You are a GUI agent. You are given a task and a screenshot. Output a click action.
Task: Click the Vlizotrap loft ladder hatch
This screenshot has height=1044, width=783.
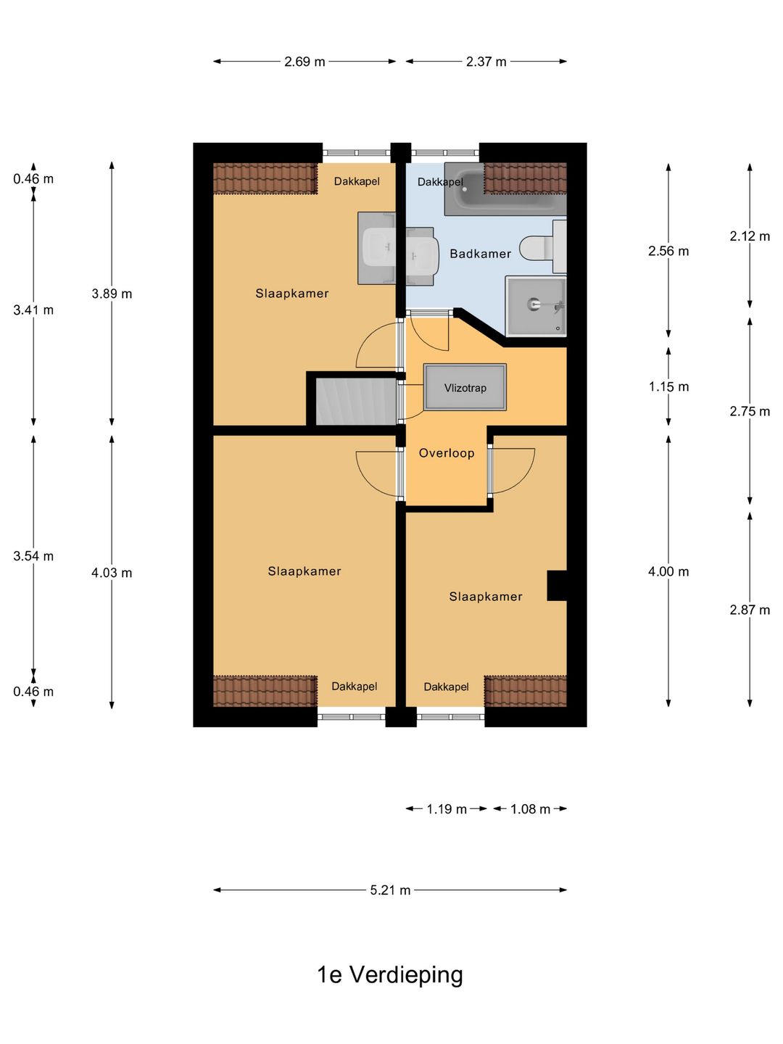click(x=465, y=387)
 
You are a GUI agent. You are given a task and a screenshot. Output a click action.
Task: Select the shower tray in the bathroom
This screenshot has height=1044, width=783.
click(x=536, y=306)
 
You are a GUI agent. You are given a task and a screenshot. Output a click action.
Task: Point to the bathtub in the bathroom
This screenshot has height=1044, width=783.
click(x=505, y=188)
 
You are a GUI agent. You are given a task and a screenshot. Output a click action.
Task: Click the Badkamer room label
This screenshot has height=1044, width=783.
click(x=480, y=254)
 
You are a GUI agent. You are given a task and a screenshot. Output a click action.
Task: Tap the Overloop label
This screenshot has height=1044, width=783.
click(x=447, y=453)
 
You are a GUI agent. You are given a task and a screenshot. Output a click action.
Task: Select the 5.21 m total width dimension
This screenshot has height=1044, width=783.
click(x=390, y=890)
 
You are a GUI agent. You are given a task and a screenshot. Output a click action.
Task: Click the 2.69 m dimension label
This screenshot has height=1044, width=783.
click(x=304, y=62)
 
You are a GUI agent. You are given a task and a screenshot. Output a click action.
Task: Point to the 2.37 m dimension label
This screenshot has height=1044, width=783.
click(x=486, y=62)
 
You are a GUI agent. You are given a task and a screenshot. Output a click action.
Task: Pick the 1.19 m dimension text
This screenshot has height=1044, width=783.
click(x=447, y=808)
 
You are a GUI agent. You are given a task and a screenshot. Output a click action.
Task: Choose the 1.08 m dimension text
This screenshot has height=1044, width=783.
click(x=530, y=808)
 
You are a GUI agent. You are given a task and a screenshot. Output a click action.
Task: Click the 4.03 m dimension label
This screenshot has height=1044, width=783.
click(x=112, y=573)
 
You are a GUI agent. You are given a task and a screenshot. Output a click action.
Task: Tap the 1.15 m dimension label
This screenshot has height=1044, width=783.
click(x=668, y=386)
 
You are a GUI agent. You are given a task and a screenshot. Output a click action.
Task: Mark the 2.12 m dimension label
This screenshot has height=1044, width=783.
click(x=750, y=236)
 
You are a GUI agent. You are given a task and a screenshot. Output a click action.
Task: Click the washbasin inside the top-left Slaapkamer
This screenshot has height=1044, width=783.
click(x=377, y=248)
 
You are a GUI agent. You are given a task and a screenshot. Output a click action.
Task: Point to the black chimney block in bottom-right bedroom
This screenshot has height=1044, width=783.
click(x=557, y=586)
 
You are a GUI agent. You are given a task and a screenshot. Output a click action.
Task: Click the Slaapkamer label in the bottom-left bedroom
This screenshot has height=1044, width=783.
click(x=304, y=571)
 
